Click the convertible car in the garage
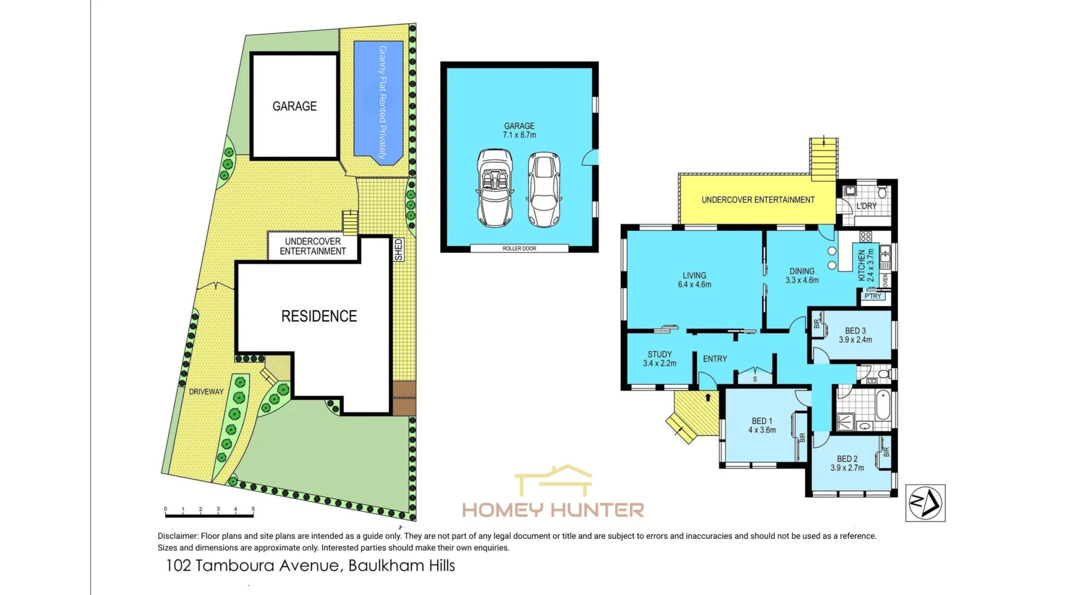[x=494, y=188]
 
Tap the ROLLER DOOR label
[x=519, y=249]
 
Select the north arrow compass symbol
[x=925, y=503]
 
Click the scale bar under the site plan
[x=209, y=513]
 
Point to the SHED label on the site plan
[x=398, y=250]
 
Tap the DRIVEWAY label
[x=206, y=392]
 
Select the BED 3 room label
[x=855, y=331]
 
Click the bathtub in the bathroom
[x=882, y=405]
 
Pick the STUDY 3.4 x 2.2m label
[x=660, y=359]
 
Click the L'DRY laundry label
[x=866, y=206]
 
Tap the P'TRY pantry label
[x=873, y=296]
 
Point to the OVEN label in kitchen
[x=885, y=280]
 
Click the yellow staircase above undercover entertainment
[x=824, y=160]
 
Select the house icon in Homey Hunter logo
[x=553, y=481]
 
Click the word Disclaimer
[x=177, y=536]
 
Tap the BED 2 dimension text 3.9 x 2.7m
[x=847, y=468]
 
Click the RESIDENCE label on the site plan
[x=319, y=316]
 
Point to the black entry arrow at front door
[x=708, y=397]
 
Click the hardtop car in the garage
[x=544, y=189]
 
